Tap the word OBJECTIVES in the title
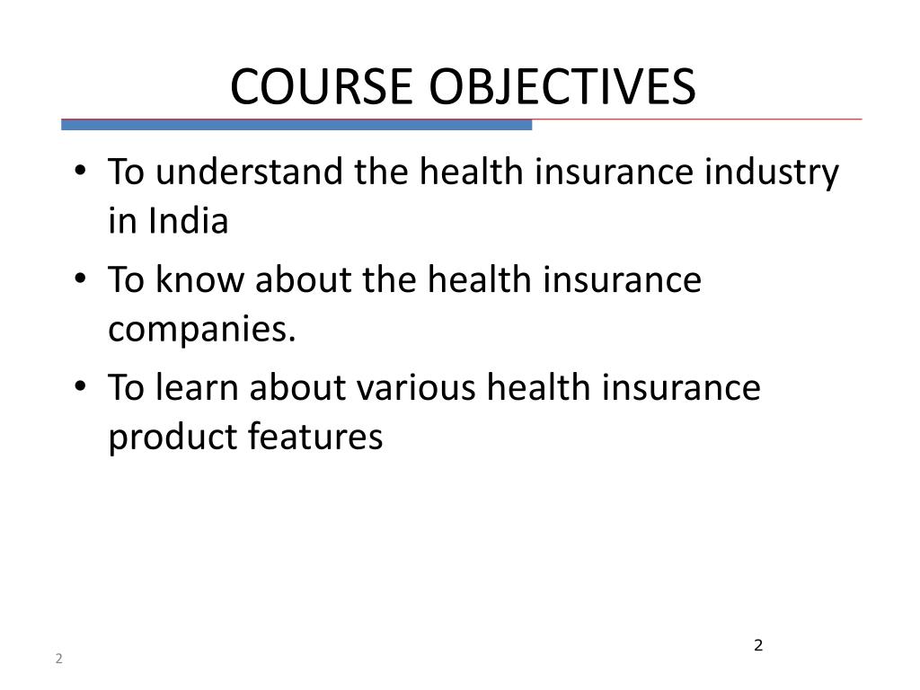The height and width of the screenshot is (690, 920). (561, 87)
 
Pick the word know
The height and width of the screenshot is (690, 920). (202, 279)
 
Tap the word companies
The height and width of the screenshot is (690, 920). (202, 331)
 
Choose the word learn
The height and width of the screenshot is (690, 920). (199, 388)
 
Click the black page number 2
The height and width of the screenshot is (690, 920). (758, 645)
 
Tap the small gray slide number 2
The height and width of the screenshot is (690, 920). (58, 659)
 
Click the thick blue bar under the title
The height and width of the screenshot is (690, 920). (296, 125)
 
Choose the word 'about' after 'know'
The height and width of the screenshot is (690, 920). (303, 279)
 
